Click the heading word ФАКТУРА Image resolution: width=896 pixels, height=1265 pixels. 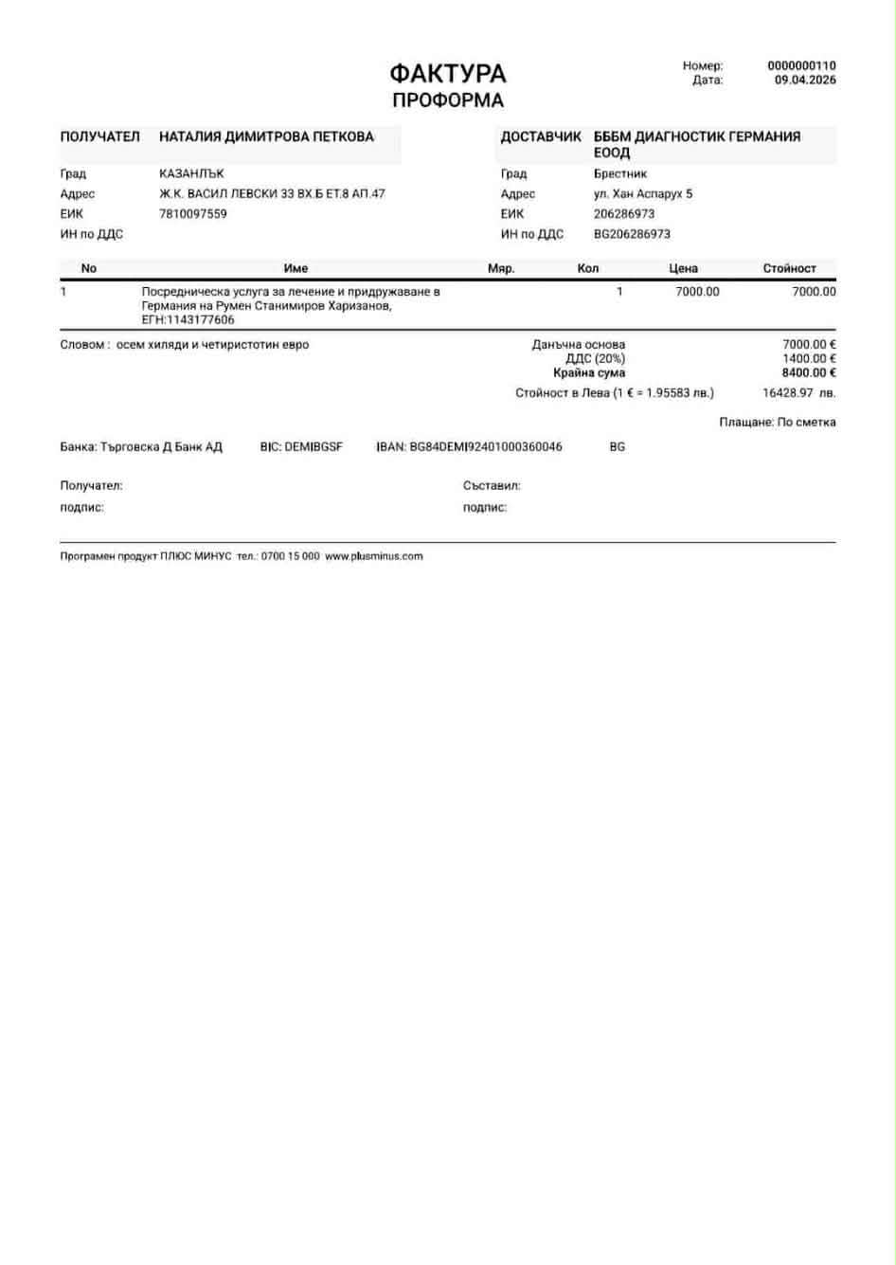pos(447,73)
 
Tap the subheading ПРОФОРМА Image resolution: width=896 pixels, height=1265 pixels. pos(447,100)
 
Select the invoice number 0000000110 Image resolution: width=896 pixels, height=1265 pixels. pos(801,66)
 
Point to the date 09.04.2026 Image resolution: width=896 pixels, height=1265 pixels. pos(805,81)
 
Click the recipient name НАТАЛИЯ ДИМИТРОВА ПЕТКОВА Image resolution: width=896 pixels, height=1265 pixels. pos(266,136)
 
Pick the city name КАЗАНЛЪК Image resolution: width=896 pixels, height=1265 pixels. pos(191,174)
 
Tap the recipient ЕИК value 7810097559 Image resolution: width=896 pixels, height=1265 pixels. pos(193,214)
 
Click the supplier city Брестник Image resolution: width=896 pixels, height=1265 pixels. pos(620,174)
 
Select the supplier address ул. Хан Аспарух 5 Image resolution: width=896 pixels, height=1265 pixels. pos(643,194)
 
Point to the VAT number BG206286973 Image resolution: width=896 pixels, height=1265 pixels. pos(632,234)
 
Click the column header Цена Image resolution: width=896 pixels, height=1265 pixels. pos(683,269)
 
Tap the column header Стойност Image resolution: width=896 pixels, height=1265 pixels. pos(789,269)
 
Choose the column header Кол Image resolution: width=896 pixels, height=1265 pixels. pos(588,269)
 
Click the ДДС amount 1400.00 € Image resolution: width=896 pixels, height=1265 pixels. pos(809,359)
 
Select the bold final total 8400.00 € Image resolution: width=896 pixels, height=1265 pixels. pos(809,373)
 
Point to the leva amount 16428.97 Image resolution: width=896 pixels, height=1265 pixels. pos(788,393)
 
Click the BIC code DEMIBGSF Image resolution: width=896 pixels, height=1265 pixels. pos(314,447)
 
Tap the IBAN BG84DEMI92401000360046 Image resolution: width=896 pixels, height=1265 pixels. pos(486,447)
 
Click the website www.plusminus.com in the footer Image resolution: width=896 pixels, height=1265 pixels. pos(374,557)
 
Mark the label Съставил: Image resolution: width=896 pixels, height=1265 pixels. pos(492,486)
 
